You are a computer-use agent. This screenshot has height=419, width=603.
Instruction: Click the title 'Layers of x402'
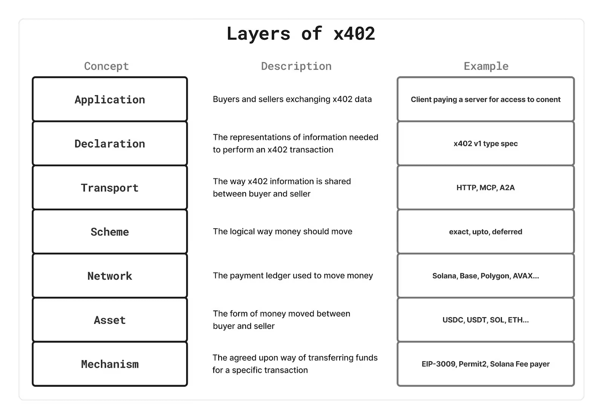[301, 34]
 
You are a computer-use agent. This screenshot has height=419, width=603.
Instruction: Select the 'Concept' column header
[106, 66]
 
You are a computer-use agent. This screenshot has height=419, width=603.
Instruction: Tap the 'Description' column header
[296, 66]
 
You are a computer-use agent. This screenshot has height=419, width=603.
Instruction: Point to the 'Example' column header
[486, 66]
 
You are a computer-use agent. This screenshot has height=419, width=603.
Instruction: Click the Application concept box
[110, 99]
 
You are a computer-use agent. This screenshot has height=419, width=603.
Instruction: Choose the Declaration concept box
[110, 144]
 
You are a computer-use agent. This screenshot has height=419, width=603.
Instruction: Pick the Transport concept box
[110, 188]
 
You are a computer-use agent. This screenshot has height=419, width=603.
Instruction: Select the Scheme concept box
[110, 232]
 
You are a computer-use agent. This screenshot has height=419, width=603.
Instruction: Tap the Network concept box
[110, 276]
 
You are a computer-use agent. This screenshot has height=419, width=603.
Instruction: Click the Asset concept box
[110, 320]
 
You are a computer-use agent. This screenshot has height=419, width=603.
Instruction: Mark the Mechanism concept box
[110, 364]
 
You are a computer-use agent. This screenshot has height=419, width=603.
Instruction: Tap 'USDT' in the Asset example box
[477, 320]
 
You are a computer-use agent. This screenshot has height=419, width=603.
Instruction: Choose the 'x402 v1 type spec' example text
[485, 144]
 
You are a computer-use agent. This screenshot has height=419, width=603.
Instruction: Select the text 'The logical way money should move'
[282, 231]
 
